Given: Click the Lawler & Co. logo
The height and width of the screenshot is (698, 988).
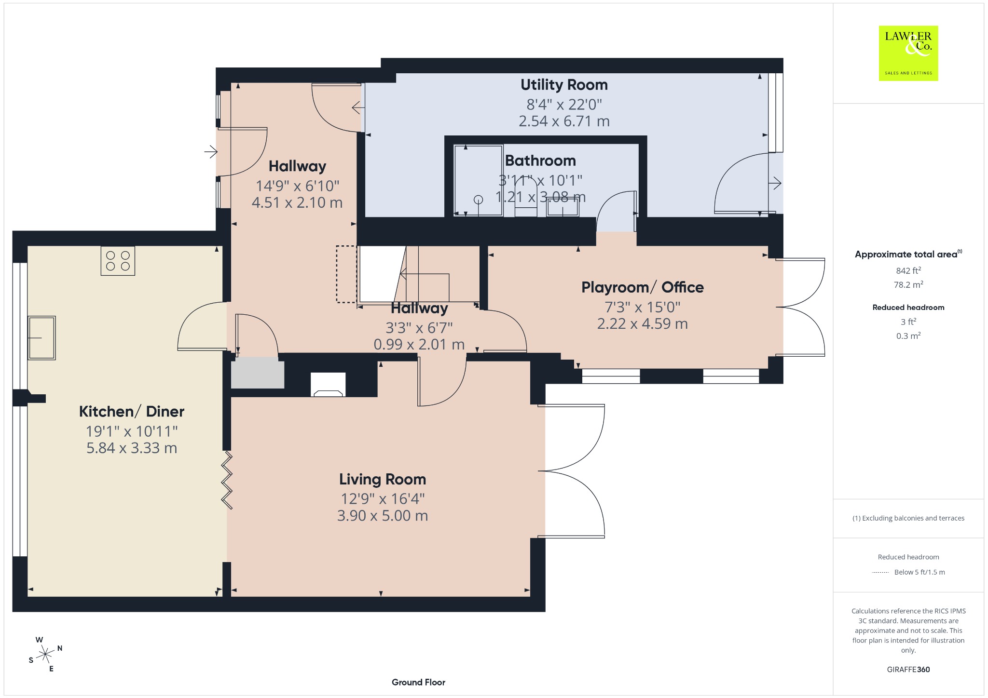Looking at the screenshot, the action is coord(908,53).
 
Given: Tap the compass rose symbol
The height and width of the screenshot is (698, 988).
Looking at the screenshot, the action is coord(45,654).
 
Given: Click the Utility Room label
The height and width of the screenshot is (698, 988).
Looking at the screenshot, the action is coord(564,85).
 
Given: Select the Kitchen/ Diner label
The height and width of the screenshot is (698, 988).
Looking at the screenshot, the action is coord(132,411).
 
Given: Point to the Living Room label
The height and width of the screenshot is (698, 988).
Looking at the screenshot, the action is coord(383,479).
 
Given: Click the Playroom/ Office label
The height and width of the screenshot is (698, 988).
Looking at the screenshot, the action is coord(643,287).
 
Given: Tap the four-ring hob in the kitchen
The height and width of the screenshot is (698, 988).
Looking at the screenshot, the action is coord(118,261).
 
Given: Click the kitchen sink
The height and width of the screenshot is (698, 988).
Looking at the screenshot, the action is coord(41,337).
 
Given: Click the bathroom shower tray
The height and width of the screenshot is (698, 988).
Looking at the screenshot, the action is coord(479,180).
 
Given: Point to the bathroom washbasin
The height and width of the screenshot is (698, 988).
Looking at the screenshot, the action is coord(563,206).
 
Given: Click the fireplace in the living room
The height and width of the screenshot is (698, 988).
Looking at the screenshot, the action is coord(328,384).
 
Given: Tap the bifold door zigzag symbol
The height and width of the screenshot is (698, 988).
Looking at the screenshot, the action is coord(227,480).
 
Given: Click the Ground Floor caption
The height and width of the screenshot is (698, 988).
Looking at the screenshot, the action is coord(418,682).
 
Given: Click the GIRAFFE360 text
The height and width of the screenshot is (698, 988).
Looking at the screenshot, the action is coord(908,670).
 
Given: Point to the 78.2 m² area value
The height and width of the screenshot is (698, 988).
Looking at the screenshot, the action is coord(908,284).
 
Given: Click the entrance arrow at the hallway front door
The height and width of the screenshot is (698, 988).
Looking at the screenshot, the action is coord(211,152).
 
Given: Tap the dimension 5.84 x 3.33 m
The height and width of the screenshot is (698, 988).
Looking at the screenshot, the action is coord(132,448).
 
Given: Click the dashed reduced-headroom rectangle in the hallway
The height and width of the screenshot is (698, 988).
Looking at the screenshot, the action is coord(346,274).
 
